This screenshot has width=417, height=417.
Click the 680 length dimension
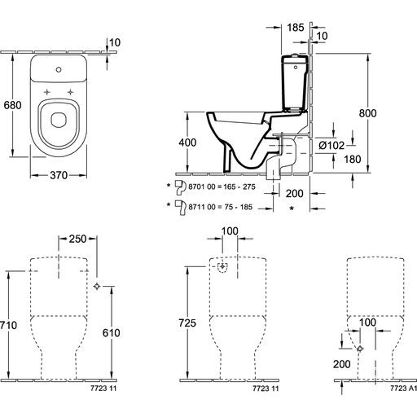12,105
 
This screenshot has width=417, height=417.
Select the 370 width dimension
59,175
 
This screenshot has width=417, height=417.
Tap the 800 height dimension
368,113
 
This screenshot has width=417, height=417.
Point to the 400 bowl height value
187,143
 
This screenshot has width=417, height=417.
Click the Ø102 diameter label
331,146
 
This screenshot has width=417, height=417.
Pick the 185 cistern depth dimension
296,28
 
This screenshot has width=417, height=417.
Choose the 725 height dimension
187,323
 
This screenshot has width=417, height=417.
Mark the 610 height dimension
112,333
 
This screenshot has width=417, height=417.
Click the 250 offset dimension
77,239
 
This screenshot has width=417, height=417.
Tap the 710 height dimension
8,325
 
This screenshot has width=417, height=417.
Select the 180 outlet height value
353,160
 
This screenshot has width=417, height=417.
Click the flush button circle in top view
59,70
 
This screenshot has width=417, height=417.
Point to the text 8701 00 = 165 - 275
222,187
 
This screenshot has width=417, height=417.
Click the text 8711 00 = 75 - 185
221,207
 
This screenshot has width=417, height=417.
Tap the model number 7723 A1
403,388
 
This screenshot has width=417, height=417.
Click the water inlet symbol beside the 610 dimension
97,286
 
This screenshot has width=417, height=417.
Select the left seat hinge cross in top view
47,92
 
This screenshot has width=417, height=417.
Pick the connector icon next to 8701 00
180,187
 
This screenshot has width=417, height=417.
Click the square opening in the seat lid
59,120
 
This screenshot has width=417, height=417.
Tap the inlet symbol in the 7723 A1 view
360,349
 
